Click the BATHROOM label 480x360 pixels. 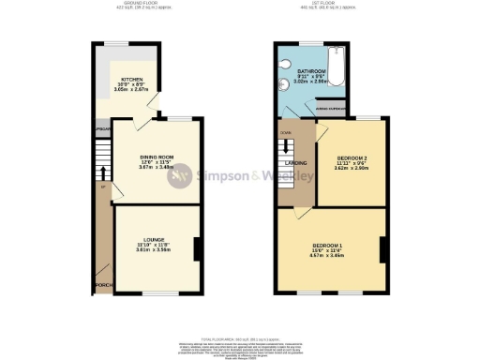coord(310,71)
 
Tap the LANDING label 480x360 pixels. coord(297,161)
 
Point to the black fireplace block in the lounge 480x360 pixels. coord(197,248)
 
